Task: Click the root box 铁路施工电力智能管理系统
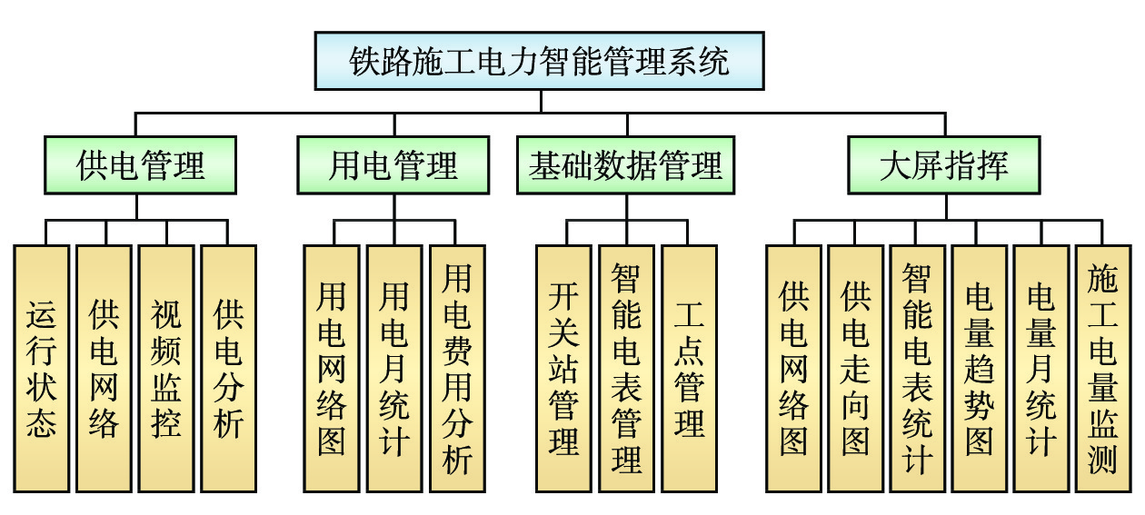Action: click(x=540, y=62)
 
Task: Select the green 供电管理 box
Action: click(x=141, y=165)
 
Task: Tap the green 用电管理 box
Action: click(x=393, y=165)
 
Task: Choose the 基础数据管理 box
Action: click(x=626, y=165)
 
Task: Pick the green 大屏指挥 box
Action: click(x=945, y=165)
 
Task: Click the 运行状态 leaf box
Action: click(x=42, y=368)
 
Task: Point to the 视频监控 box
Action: click(x=166, y=368)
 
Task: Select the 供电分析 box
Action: click(x=228, y=368)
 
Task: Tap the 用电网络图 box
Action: click(x=332, y=368)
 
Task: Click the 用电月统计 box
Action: click(x=393, y=368)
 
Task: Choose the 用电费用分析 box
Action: click(x=456, y=368)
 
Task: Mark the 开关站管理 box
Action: click(x=563, y=368)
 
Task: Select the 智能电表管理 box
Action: click(x=626, y=368)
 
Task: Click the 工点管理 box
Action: click(x=689, y=368)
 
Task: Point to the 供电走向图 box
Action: click(x=855, y=368)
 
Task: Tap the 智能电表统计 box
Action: click(x=917, y=368)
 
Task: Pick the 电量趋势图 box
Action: click(x=979, y=368)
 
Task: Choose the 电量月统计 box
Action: click(x=1040, y=368)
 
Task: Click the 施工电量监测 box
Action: click(x=1102, y=368)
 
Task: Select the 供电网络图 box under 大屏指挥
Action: click(x=793, y=368)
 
